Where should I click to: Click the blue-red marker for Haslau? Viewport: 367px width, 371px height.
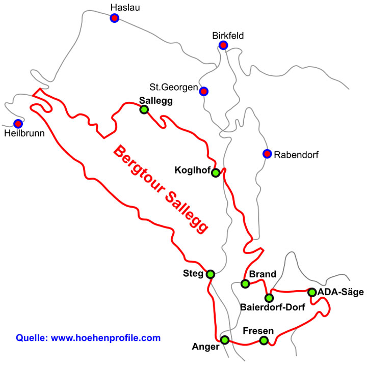115,18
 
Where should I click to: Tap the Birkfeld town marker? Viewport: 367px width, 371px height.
223,45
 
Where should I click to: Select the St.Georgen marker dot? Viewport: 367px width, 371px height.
203,92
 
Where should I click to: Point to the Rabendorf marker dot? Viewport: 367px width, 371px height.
267,154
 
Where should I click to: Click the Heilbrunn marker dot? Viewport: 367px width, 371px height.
18,124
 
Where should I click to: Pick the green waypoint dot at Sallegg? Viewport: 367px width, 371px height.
144,109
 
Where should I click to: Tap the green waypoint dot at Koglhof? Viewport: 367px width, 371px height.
216,173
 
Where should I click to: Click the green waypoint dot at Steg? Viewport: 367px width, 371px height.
210,274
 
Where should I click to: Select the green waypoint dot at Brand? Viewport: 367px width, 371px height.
245,283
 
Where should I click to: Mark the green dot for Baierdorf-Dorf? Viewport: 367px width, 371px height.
269,298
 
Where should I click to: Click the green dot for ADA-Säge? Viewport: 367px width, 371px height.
311,292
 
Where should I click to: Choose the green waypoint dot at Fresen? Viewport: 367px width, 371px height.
264,340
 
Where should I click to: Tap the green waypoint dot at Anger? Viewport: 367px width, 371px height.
225,340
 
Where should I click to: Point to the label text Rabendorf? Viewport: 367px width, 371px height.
296,154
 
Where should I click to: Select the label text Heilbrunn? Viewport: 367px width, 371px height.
24,134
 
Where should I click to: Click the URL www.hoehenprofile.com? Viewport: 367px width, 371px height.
106,337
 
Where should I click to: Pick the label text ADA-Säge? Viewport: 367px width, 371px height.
340,292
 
